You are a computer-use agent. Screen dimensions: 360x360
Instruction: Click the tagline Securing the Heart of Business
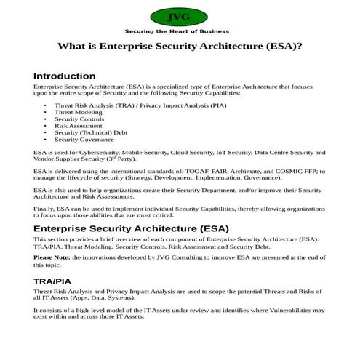[177, 31]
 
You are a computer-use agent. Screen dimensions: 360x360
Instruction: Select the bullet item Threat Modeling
[79, 113]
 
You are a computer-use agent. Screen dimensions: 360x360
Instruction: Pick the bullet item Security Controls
[81, 119]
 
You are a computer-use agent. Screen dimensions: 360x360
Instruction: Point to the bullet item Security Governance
[85, 139]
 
